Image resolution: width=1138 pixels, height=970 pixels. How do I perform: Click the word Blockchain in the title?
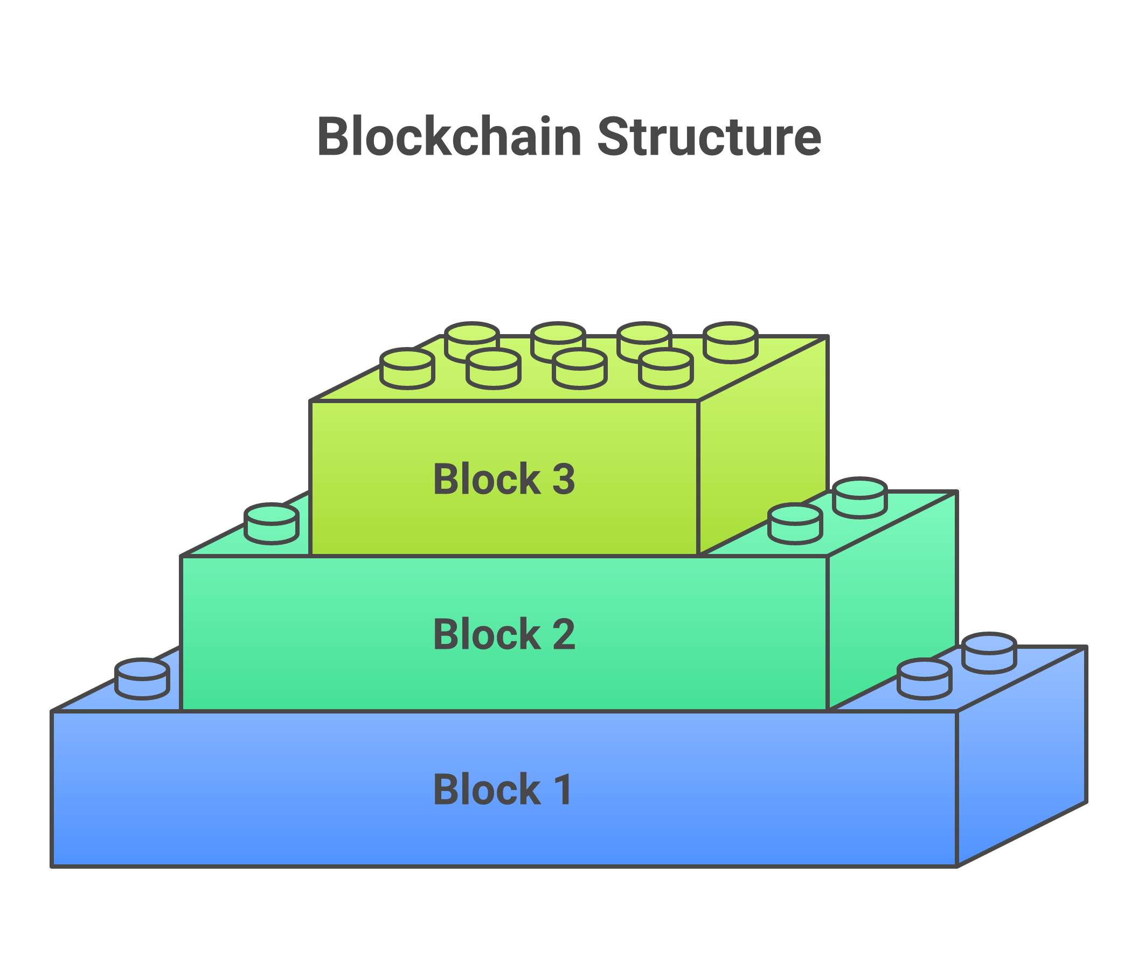(449, 137)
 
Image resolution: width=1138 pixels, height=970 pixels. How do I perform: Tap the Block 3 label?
(504, 480)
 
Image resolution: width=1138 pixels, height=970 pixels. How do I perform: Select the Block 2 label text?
(504, 635)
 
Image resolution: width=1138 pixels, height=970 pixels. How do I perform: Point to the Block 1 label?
(503, 790)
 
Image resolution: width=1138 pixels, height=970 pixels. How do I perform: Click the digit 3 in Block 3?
(563, 480)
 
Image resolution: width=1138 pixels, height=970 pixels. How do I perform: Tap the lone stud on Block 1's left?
(142, 679)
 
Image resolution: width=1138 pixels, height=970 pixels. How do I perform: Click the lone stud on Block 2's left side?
(272, 523)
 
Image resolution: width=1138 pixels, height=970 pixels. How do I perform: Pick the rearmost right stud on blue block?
(989, 653)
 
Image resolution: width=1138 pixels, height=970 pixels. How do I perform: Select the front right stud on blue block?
(924, 680)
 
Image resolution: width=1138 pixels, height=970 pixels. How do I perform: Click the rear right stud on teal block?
(860, 497)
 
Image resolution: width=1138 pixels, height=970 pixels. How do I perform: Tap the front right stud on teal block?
(795, 524)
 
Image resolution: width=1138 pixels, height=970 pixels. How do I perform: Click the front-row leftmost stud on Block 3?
(407, 368)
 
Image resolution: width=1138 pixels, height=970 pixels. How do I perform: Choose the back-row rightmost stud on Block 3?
(731, 342)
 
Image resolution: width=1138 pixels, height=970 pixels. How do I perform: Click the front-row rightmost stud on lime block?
(666, 368)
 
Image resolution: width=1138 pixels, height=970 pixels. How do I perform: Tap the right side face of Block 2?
(892, 604)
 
